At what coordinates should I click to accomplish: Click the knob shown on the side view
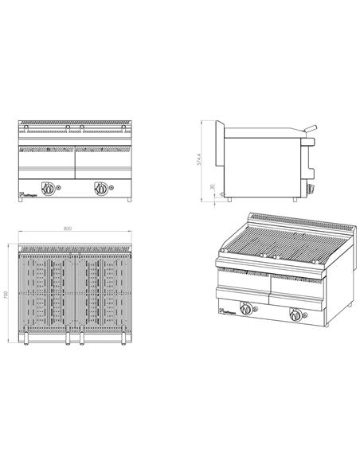(311, 189)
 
